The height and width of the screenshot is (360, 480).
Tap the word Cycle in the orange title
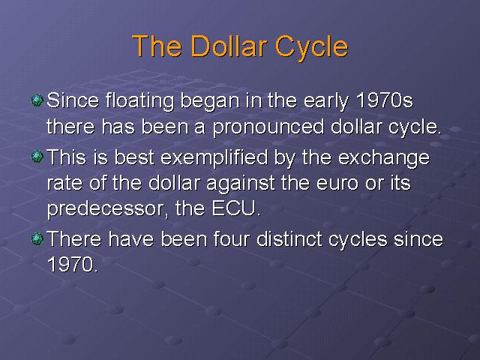(312, 48)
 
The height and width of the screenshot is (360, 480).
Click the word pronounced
(268, 127)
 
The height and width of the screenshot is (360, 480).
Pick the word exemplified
(214, 158)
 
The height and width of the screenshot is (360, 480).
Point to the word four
(232, 238)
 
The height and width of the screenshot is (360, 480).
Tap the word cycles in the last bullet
(358, 240)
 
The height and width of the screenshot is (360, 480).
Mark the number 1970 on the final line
(72, 264)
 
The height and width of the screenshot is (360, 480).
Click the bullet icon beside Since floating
(37, 100)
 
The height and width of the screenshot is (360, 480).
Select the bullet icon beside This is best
(37, 157)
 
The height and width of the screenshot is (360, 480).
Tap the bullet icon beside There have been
(37, 238)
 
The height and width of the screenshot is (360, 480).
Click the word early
(326, 101)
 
